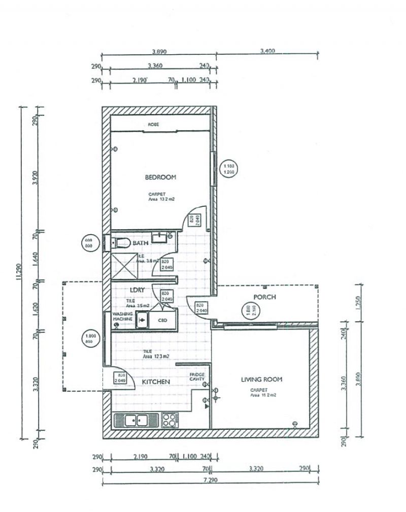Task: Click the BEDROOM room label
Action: (160, 177)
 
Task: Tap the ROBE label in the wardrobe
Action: (154, 124)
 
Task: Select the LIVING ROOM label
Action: (261, 379)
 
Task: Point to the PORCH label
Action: (264, 297)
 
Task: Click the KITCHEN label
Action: (156, 382)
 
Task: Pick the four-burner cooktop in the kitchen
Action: (170, 420)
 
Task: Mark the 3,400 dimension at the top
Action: (267, 51)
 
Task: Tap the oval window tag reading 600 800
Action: (89, 243)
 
